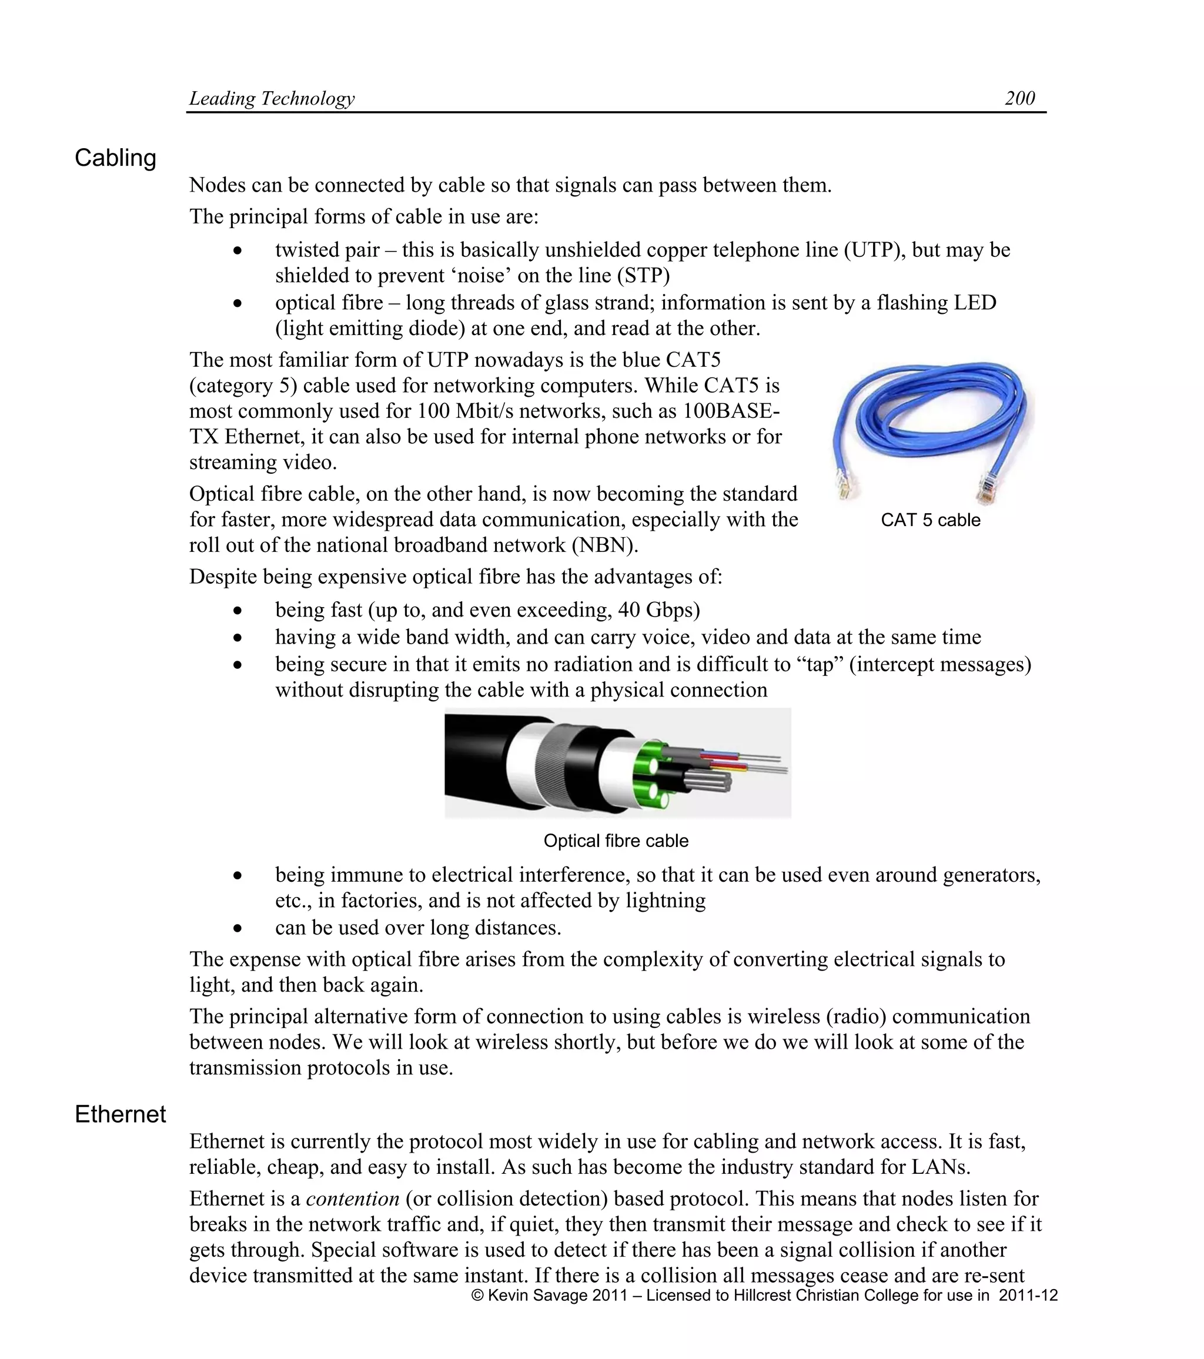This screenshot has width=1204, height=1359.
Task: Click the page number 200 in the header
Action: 1019,98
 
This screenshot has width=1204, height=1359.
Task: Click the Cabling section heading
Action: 115,158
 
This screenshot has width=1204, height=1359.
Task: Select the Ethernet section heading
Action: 120,1114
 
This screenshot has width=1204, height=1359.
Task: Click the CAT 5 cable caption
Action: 930,520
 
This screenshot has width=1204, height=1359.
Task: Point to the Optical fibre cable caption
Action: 616,841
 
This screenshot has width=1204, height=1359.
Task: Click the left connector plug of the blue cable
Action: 844,484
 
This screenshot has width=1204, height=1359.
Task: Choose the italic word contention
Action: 352,1198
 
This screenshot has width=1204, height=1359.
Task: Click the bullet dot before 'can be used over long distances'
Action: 238,928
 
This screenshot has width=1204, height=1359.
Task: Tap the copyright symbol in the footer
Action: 477,1295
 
